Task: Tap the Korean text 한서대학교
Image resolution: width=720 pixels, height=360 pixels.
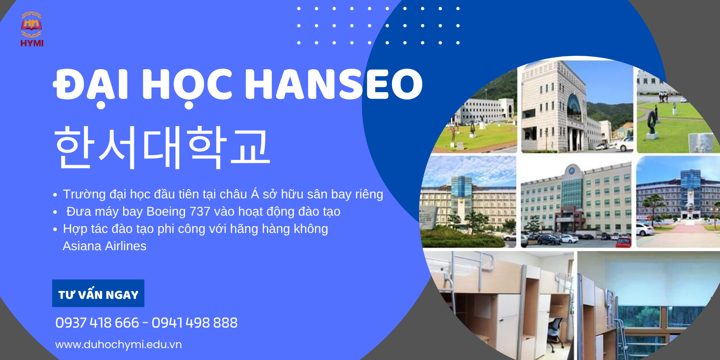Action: [162, 147]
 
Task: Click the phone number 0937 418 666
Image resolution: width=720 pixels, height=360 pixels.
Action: [97, 323]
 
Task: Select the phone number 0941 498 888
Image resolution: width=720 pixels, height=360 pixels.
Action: [194, 323]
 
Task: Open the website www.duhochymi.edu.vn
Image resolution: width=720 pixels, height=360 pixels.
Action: [118, 345]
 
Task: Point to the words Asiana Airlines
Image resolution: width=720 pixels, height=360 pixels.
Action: [104, 246]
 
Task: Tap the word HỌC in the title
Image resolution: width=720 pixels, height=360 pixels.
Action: [187, 86]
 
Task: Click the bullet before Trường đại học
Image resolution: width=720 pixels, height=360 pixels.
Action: [55, 195]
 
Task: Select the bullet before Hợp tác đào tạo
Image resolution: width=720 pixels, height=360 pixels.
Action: [55, 229]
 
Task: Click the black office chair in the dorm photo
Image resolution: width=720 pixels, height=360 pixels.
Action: [556, 331]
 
